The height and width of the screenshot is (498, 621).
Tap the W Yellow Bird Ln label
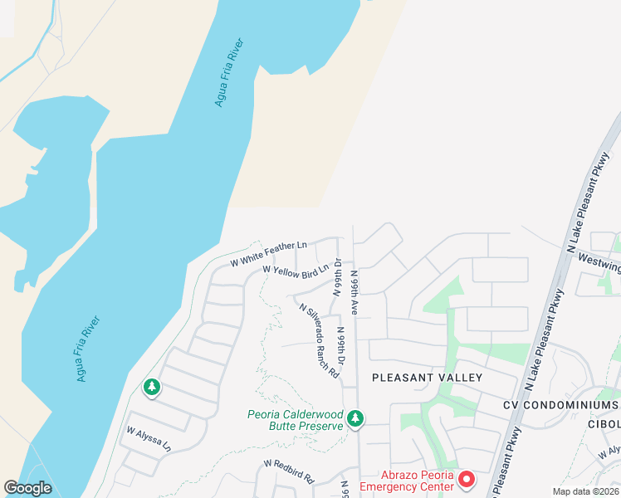[296, 271]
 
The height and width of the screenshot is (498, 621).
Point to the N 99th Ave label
[354, 291]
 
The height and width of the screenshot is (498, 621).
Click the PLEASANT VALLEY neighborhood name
[427, 378]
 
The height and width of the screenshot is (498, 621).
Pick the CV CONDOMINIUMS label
[561, 404]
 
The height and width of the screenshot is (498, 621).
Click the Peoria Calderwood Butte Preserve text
[296, 420]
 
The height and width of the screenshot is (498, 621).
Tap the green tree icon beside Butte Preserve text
[355, 419]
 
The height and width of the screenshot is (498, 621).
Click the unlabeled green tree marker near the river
[151, 388]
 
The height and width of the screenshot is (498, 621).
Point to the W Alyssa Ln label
[149, 439]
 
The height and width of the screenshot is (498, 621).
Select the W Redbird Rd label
[289, 473]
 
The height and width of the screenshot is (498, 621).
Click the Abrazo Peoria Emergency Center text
[407, 481]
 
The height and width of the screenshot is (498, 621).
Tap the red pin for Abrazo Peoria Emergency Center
[467, 479]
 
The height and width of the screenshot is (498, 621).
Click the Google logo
[27, 488]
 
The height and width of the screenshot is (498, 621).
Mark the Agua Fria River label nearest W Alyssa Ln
[88, 349]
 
